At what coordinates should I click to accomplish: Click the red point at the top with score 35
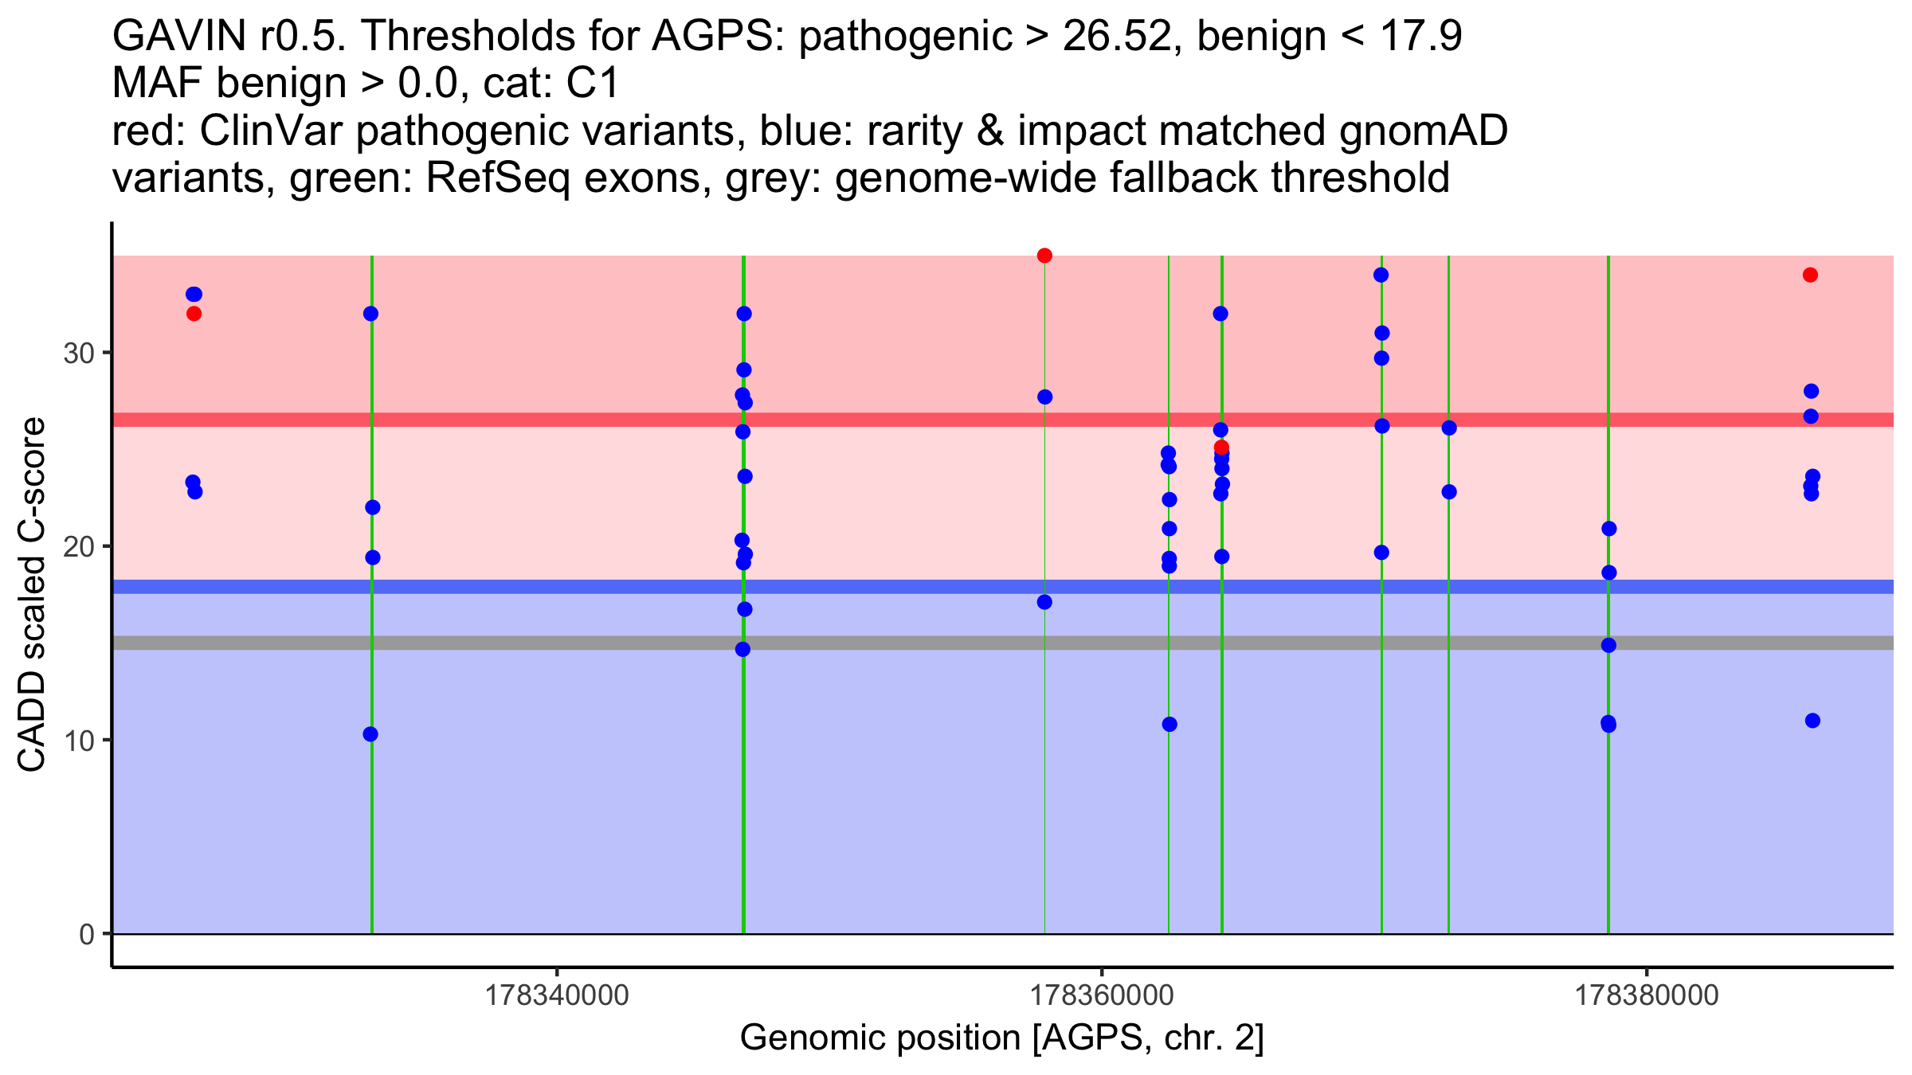coord(1044,256)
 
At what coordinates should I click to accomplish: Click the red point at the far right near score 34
coord(1810,275)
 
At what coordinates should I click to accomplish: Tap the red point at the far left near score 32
coord(194,314)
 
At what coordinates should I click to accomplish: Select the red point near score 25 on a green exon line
coord(1221,448)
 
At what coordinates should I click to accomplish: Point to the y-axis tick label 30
coord(79,353)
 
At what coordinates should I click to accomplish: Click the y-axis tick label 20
coord(79,547)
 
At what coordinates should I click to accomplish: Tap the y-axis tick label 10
coord(79,741)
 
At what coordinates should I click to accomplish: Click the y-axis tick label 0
coord(87,934)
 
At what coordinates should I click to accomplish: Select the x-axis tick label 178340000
coord(557,995)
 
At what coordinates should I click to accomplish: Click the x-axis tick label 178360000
coord(1102,995)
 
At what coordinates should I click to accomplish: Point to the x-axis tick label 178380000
coord(1647,995)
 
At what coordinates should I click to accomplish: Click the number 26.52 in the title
coord(1118,37)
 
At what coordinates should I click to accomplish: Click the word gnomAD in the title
coord(1423,131)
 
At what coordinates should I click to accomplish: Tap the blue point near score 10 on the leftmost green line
coord(370,734)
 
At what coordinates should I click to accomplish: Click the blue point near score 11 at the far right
coord(1812,721)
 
